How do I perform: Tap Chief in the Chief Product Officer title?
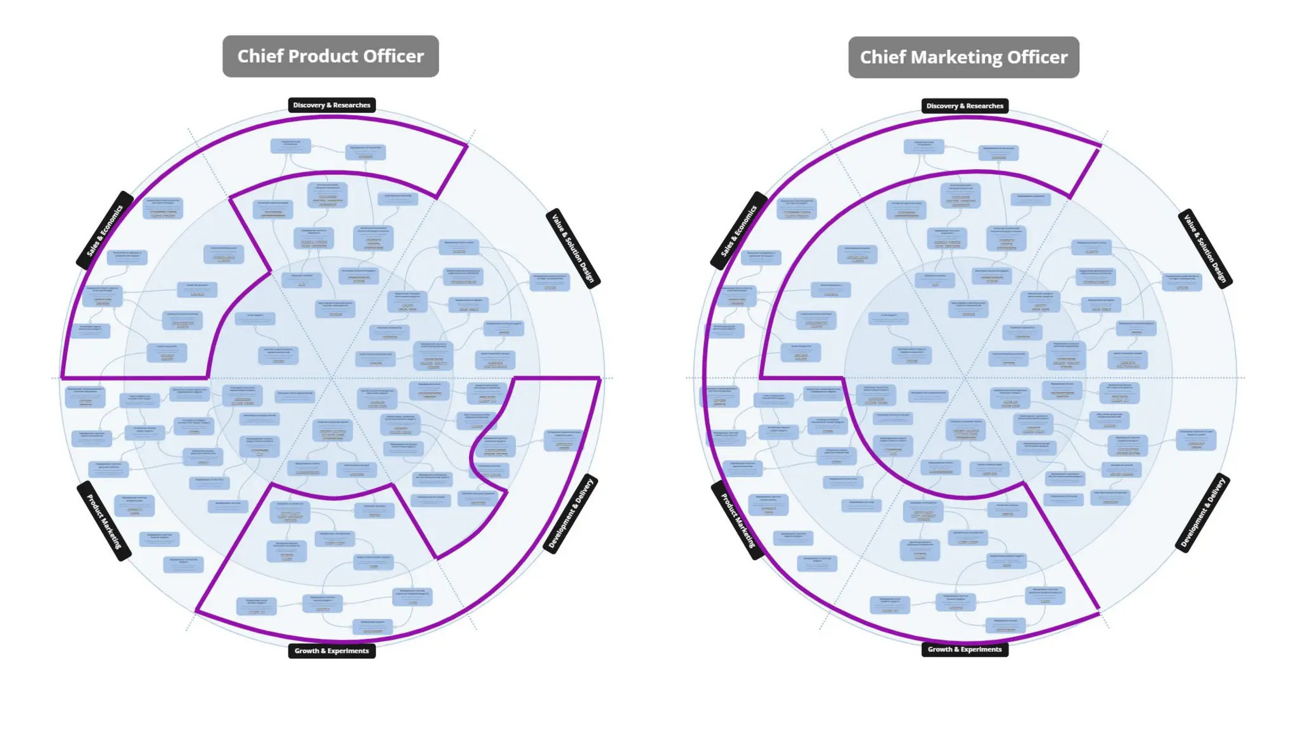pyautogui.click(x=259, y=56)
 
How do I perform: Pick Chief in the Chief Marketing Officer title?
pyautogui.click(x=882, y=58)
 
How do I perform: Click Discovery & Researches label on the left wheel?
pyautogui.click(x=331, y=105)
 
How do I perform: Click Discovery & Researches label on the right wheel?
pyautogui.click(x=965, y=106)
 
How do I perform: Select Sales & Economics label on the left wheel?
pyautogui.click(x=105, y=231)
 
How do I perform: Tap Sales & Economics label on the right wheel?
pyautogui.click(x=739, y=231)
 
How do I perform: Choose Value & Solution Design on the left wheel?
pyautogui.click(x=573, y=248)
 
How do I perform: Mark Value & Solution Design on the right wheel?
pyautogui.click(x=1205, y=248)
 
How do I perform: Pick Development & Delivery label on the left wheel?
pyautogui.click(x=570, y=513)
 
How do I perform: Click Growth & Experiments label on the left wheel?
pyautogui.click(x=331, y=651)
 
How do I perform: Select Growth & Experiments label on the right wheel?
pyautogui.click(x=965, y=650)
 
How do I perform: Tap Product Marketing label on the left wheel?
pyautogui.click(x=104, y=521)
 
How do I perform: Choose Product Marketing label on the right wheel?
pyautogui.click(x=738, y=520)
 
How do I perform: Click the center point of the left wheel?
pyautogui.click(x=331, y=378)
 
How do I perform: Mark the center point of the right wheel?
pyautogui.click(x=965, y=378)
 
